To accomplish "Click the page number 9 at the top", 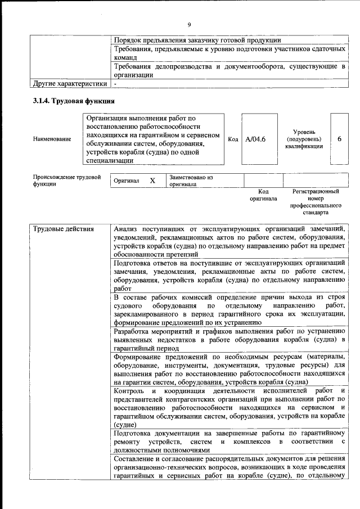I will click(x=189, y=24).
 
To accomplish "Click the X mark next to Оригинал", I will click(x=152, y=181).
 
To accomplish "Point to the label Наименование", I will click(x=52, y=139).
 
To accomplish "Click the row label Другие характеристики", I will click(x=69, y=84).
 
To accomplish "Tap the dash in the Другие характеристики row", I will click(x=115, y=84).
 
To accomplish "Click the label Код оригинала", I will click(x=263, y=195).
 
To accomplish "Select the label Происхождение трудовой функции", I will click(x=66, y=181).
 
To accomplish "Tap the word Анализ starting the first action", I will click(x=127, y=229).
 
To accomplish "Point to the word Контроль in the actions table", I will click(x=130, y=391).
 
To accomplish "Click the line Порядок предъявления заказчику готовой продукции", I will click(x=197, y=40).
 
